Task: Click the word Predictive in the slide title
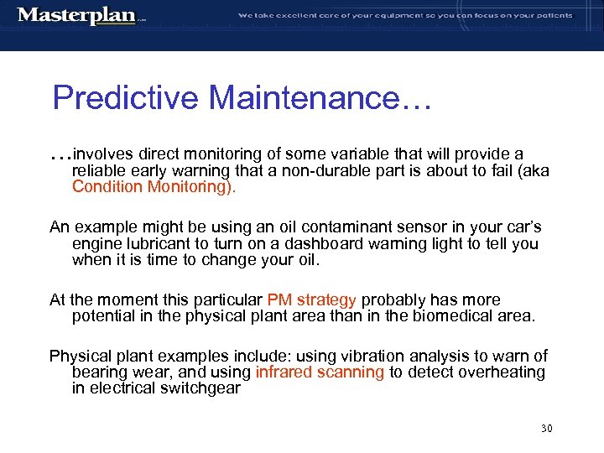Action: [x=126, y=98]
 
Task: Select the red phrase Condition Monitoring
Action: [x=154, y=187]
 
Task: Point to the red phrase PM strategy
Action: [x=312, y=300]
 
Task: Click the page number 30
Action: [x=546, y=429]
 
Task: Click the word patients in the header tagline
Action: [x=551, y=15]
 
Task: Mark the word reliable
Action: [x=97, y=171]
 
